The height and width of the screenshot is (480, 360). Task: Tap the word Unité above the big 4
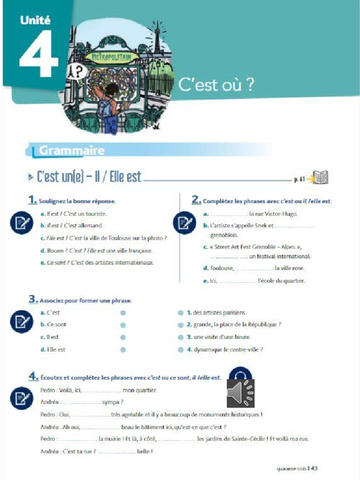pyautogui.click(x=35, y=20)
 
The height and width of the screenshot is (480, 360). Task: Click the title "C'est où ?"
pyautogui.click(x=217, y=84)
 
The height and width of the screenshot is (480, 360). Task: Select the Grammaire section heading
pyautogui.click(x=72, y=150)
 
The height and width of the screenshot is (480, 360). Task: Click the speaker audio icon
pyautogui.click(x=240, y=392)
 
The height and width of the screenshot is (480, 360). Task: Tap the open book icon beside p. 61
pyautogui.click(x=321, y=178)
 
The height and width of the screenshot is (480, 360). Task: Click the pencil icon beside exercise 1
pyautogui.click(x=21, y=223)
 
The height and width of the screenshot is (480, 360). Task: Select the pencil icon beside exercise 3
pyautogui.click(x=21, y=322)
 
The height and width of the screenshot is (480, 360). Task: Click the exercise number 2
pyautogui.click(x=196, y=200)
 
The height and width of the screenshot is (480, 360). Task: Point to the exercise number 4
pyautogui.click(x=33, y=376)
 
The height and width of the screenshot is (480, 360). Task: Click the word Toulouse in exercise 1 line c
pyautogui.click(x=113, y=238)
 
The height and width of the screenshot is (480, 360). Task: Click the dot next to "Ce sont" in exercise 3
pyautogui.click(x=123, y=324)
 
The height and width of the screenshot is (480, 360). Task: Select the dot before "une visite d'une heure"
pyautogui.click(x=180, y=337)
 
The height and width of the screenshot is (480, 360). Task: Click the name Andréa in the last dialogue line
pyautogui.click(x=50, y=451)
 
